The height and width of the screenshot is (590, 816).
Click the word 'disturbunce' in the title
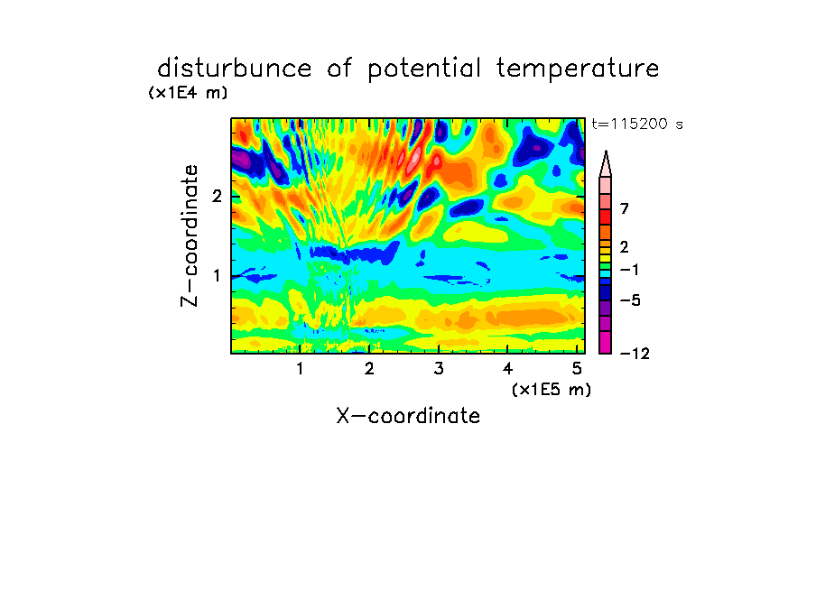click(235, 69)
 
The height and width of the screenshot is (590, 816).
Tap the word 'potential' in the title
click(424, 69)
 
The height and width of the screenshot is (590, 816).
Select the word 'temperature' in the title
click(578, 69)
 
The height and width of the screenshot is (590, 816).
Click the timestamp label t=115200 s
click(637, 124)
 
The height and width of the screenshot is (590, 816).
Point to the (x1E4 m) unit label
click(188, 93)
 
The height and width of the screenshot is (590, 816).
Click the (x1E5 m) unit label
click(552, 389)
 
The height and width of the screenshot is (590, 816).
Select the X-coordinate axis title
click(408, 416)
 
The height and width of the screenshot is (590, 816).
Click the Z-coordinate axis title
click(190, 235)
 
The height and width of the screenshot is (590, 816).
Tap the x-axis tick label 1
click(301, 369)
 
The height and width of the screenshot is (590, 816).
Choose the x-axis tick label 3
click(439, 369)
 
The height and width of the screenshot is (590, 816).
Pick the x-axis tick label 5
click(577, 369)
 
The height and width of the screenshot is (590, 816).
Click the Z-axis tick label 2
click(217, 197)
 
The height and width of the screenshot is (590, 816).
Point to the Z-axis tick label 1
click(217, 276)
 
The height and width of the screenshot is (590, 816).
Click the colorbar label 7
click(625, 209)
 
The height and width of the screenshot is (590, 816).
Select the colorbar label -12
click(635, 354)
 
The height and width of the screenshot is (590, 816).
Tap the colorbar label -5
click(630, 300)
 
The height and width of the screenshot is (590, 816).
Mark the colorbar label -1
click(630, 270)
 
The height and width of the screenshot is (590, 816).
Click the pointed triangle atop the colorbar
click(606, 163)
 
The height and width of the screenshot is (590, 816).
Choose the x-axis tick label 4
click(507, 369)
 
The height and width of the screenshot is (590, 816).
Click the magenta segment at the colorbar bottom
click(606, 342)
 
